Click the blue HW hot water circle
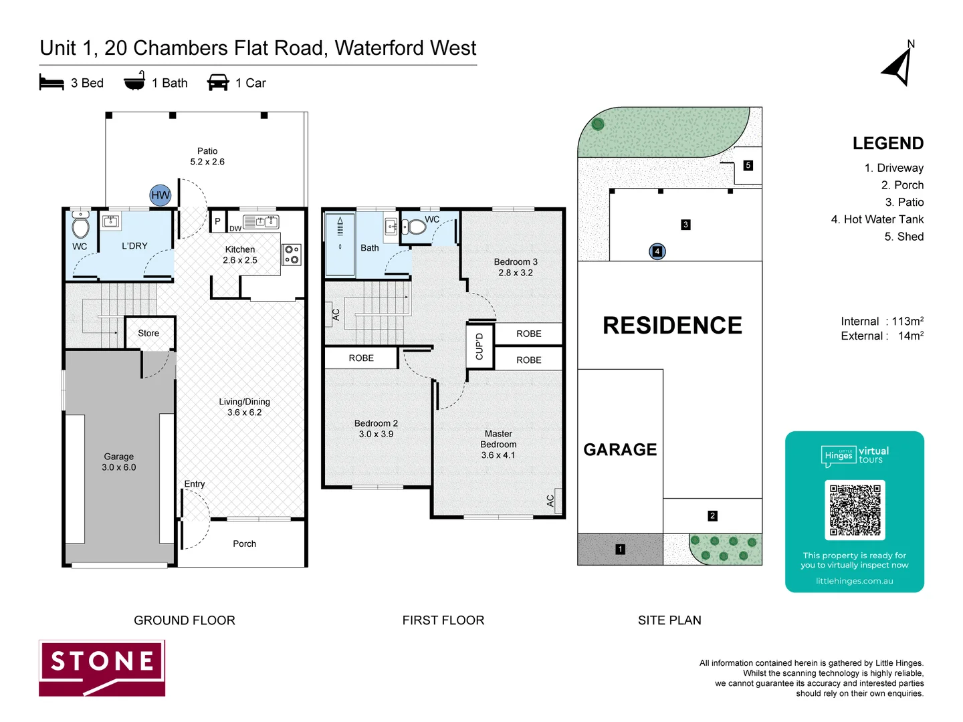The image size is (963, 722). click(x=160, y=195)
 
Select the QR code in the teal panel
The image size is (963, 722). click(x=855, y=510)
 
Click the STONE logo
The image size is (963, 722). click(x=102, y=668)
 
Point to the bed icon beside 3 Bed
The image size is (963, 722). click(x=51, y=83)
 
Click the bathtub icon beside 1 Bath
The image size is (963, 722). click(x=134, y=82)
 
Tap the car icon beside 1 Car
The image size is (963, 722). click(x=218, y=83)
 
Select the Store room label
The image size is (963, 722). click(x=148, y=333)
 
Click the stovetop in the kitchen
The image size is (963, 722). click(x=292, y=254)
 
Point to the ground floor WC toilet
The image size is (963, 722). click(x=81, y=226)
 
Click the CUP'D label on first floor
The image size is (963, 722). click(x=479, y=346)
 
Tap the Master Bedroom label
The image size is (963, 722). click(x=498, y=439)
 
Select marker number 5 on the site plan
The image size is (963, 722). click(x=748, y=165)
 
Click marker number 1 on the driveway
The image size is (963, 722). click(x=620, y=549)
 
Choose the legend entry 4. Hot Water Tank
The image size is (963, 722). click(x=877, y=219)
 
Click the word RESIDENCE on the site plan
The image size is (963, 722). click(x=672, y=326)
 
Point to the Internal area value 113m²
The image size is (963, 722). click(x=907, y=322)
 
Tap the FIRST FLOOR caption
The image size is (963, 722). click(x=443, y=620)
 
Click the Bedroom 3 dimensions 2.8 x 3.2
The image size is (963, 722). click(x=516, y=273)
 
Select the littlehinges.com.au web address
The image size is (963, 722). click(x=854, y=581)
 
